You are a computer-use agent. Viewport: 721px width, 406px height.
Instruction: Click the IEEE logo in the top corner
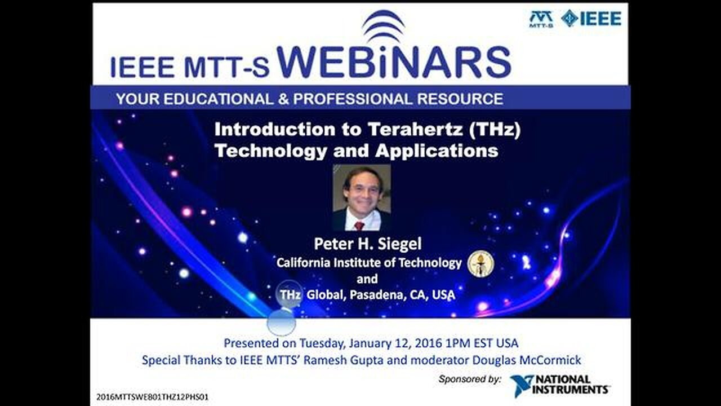[x=591, y=19]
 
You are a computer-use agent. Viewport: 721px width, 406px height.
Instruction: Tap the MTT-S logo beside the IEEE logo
[x=541, y=19]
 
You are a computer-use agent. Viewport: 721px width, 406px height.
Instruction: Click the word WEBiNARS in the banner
[x=394, y=62]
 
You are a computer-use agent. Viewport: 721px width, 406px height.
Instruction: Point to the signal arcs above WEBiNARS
[x=384, y=26]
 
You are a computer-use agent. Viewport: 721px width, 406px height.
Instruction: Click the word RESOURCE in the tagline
[x=460, y=99]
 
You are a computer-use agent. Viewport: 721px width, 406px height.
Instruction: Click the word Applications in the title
[x=437, y=151]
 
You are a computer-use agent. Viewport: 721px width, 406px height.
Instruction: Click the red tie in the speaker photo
[x=359, y=226]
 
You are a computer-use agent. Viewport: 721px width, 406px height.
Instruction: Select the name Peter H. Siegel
[x=368, y=244]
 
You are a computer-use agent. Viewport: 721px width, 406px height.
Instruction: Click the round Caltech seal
[x=480, y=264]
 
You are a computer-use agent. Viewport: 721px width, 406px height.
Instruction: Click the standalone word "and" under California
[x=367, y=279]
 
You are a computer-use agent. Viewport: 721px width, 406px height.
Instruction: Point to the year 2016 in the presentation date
[x=429, y=343]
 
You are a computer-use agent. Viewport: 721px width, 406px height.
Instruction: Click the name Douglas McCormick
[x=527, y=360]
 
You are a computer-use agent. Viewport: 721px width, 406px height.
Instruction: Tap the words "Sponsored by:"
[x=470, y=379]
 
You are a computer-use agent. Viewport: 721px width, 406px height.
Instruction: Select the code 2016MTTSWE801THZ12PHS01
[x=153, y=397]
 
